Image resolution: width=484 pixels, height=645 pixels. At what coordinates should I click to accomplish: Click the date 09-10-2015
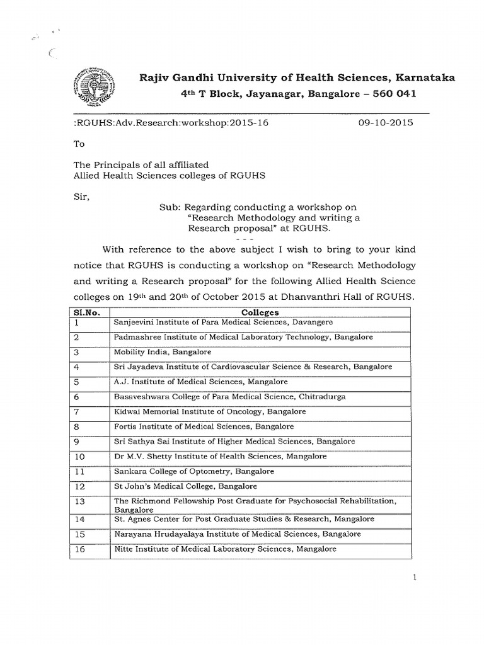point(385,123)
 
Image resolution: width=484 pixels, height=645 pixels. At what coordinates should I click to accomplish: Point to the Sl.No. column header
point(88,312)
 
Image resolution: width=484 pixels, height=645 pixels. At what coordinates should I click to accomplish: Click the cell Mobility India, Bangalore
point(162,352)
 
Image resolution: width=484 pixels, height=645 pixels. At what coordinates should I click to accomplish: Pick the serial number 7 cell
point(76,412)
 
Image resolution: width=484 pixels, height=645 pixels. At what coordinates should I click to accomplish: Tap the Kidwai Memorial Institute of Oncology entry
point(209,411)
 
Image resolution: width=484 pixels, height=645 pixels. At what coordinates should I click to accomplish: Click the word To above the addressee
point(79,144)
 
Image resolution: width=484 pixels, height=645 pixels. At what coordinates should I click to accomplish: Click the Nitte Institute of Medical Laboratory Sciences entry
point(225,549)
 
